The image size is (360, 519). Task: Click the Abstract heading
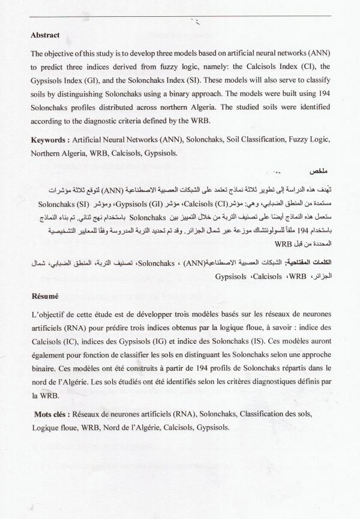pos(45,35)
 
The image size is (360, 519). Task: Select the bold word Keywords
pos(50,140)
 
